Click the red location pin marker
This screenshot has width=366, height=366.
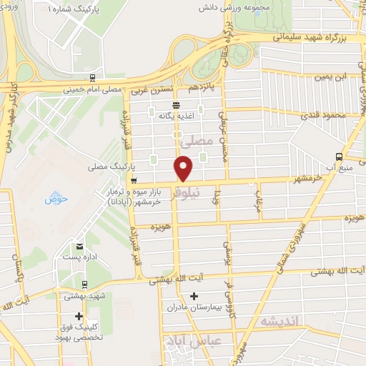coord(184,169)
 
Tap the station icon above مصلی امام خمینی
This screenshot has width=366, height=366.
coord(93,78)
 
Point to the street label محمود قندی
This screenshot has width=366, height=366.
coord(330,114)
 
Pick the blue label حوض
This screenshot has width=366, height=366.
coord(55,199)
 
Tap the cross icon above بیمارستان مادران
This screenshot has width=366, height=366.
coord(194,296)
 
